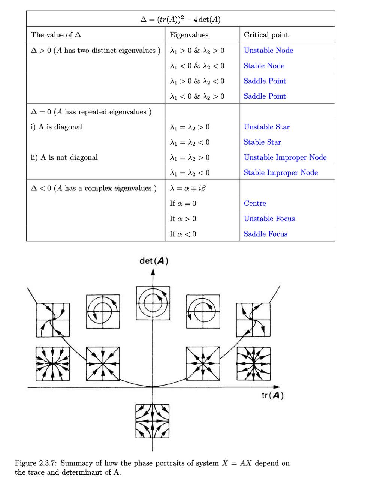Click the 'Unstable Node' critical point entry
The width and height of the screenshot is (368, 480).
point(268,50)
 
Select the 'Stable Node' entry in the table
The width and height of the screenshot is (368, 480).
point(264,66)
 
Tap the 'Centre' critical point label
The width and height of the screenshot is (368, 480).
point(255,203)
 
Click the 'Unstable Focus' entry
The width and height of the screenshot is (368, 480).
point(269,219)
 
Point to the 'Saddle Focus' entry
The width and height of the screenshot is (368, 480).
point(265,234)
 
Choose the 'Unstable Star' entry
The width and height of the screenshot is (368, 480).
point(266,127)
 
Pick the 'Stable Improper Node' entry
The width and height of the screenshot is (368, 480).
point(281,172)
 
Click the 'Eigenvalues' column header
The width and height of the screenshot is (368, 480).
point(189,35)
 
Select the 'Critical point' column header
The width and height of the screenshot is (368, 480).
point(266,35)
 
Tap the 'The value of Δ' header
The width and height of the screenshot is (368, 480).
point(56,34)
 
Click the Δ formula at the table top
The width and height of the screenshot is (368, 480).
point(180,19)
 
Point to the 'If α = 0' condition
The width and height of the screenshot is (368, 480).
point(183,203)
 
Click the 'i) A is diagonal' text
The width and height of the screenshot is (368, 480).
point(56,127)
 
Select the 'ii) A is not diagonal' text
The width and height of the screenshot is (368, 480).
point(64,157)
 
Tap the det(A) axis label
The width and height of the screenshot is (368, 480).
point(154,261)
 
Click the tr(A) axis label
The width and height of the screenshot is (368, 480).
point(272,395)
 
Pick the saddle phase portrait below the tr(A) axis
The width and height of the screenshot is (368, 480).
point(152,421)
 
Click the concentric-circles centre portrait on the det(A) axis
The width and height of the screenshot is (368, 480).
point(153,303)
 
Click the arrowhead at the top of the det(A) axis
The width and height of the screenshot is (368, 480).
point(153,272)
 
